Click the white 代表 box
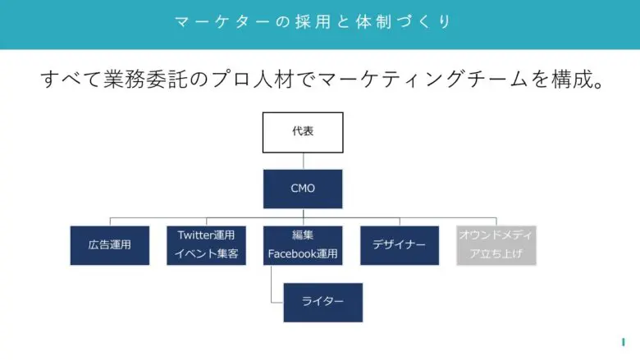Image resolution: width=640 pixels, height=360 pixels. tap(303, 133)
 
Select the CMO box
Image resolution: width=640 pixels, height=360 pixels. tap(303, 189)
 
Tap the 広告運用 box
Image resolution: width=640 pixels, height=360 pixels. tap(110, 245)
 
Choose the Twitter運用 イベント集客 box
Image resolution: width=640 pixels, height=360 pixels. tap(206, 245)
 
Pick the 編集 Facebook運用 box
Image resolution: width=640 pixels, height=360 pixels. tap(303, 245)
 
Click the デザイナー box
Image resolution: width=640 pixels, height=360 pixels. tap(400, 245)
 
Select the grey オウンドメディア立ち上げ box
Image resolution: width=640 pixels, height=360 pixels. tap(496, 245)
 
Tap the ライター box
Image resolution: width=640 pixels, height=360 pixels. tap(322, 303)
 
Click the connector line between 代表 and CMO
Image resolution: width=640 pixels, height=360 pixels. tap(304, 162)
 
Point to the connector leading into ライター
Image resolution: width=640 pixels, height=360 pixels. tap(272, 285)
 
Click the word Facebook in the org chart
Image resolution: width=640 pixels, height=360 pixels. tap(288, 254)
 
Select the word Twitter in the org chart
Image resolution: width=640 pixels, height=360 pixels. tap(193, 235)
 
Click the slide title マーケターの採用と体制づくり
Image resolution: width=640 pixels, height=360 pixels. tap(313, 21)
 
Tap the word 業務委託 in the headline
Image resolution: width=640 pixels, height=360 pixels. tap(145, 79)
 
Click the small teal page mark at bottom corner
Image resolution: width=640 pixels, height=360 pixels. tap(624, 342)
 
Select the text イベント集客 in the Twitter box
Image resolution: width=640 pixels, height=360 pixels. tap(206, 253)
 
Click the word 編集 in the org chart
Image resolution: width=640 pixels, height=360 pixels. tap(303, 235)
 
